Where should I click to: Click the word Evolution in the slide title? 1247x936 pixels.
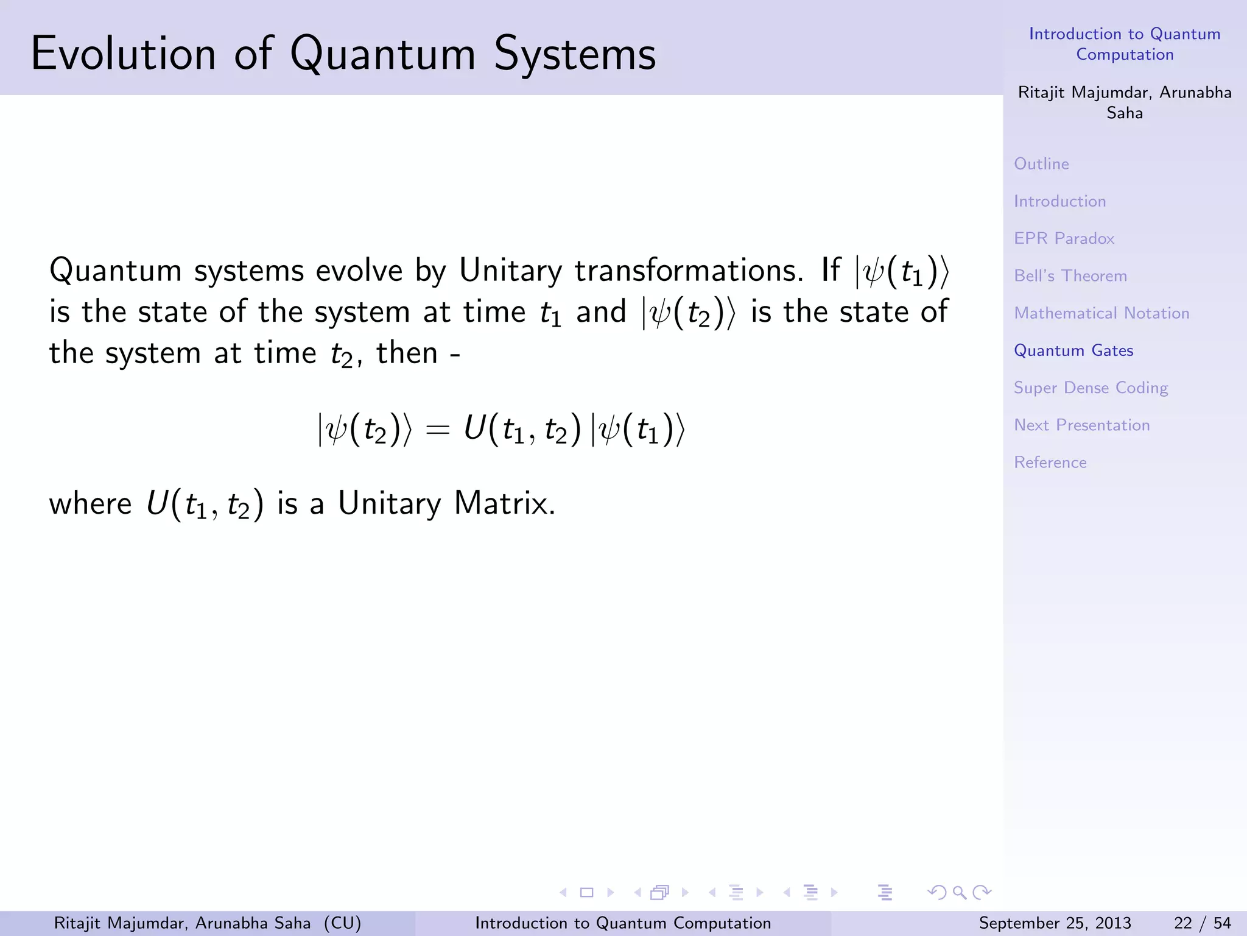coord(123,54)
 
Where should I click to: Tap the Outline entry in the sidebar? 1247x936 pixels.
coord(1041,164)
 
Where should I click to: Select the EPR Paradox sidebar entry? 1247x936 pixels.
coord(1064,238)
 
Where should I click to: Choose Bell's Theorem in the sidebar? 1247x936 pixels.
coord(1070,276)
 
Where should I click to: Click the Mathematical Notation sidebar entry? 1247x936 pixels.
coord(1101,313)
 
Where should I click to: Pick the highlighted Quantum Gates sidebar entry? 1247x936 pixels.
coord(1073,350)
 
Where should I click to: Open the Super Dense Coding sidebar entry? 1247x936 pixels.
coord(1091,388)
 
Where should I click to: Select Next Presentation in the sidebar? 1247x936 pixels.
coord(1081,425)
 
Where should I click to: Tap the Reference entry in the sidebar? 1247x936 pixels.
coord(1050,463)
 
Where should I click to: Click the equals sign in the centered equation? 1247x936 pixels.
coord(437,430)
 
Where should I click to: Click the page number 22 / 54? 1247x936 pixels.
coord(1202,923)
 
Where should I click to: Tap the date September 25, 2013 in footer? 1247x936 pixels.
coord(1055,923)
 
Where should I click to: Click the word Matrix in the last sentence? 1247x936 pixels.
coord(504,504)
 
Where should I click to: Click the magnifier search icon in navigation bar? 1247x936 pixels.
coord(959,893)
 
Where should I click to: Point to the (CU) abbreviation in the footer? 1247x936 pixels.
coord(342,923)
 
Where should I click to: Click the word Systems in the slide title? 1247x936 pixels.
coord(575,54)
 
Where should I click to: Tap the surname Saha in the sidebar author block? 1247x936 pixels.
coord(1125,113)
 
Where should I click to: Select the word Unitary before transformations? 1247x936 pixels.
coord(510,271)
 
